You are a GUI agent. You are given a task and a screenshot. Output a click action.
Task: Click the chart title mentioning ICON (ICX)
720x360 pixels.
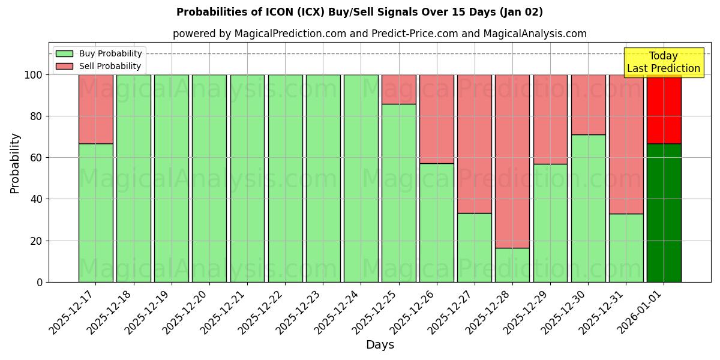359,12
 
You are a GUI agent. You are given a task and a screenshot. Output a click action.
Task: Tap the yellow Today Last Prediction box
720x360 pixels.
664,62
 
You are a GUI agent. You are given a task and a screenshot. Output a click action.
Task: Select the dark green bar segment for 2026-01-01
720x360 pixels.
664,213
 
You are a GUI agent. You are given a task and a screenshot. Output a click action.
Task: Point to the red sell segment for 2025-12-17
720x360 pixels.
96,109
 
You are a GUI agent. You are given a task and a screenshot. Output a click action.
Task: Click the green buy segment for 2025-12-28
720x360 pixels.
512,265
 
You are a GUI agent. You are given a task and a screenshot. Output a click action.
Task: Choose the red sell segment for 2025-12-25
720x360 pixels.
399,89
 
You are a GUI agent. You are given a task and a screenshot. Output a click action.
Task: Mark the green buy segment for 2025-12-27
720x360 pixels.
475,247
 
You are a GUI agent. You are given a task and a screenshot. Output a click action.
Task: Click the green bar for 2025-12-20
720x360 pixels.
209,178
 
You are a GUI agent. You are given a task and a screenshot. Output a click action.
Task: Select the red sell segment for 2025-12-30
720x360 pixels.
588,104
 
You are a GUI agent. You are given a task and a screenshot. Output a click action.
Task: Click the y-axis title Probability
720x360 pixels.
15,163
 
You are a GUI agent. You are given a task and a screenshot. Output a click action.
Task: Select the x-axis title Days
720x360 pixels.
380,345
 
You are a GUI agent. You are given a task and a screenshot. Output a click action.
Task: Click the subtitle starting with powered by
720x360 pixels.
380,34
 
